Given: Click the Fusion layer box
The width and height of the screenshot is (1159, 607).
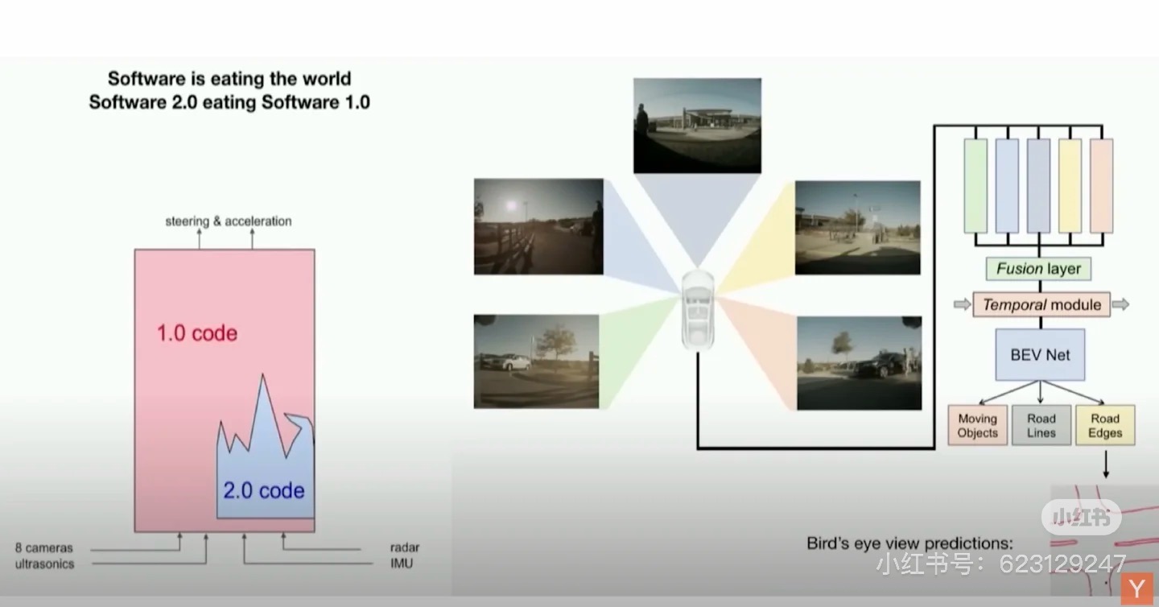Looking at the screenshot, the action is tap(1038, 269).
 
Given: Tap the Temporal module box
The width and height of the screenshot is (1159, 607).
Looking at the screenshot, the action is tap(1041, 304).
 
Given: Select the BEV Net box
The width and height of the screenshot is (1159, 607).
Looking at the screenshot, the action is tap(1040, 354).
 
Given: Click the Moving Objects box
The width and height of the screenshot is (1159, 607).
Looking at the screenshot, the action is tap(977, 425).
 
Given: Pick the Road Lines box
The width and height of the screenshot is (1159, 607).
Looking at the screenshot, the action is tap(1041, 425).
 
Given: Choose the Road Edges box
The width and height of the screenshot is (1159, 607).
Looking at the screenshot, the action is tap(1105, 425).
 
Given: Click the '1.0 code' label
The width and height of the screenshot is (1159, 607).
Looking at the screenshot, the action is tap(197, 333).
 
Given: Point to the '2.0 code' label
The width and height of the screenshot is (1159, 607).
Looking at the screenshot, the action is tap(264, 490).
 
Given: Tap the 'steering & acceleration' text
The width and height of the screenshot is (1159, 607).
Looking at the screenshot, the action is tap(229, 221).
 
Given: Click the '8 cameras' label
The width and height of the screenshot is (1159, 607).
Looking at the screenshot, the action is tap(44, 547).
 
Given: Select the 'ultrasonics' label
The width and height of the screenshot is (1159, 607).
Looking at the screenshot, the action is tap(44, 564).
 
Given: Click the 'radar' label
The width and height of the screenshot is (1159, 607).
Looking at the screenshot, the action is tap(405, 547).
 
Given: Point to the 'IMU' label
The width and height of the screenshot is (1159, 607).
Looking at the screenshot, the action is tap(402, 564).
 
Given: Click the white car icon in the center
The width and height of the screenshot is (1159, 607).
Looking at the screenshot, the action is tap(698, 310).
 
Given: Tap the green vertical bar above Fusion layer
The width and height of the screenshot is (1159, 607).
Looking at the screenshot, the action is tap(975, 186).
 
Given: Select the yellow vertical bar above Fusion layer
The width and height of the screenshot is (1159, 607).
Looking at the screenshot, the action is tap(1070, 186).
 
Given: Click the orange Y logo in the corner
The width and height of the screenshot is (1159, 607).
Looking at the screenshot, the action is tap(1136, 589).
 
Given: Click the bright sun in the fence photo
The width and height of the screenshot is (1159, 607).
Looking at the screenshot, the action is tap(511, 206).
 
